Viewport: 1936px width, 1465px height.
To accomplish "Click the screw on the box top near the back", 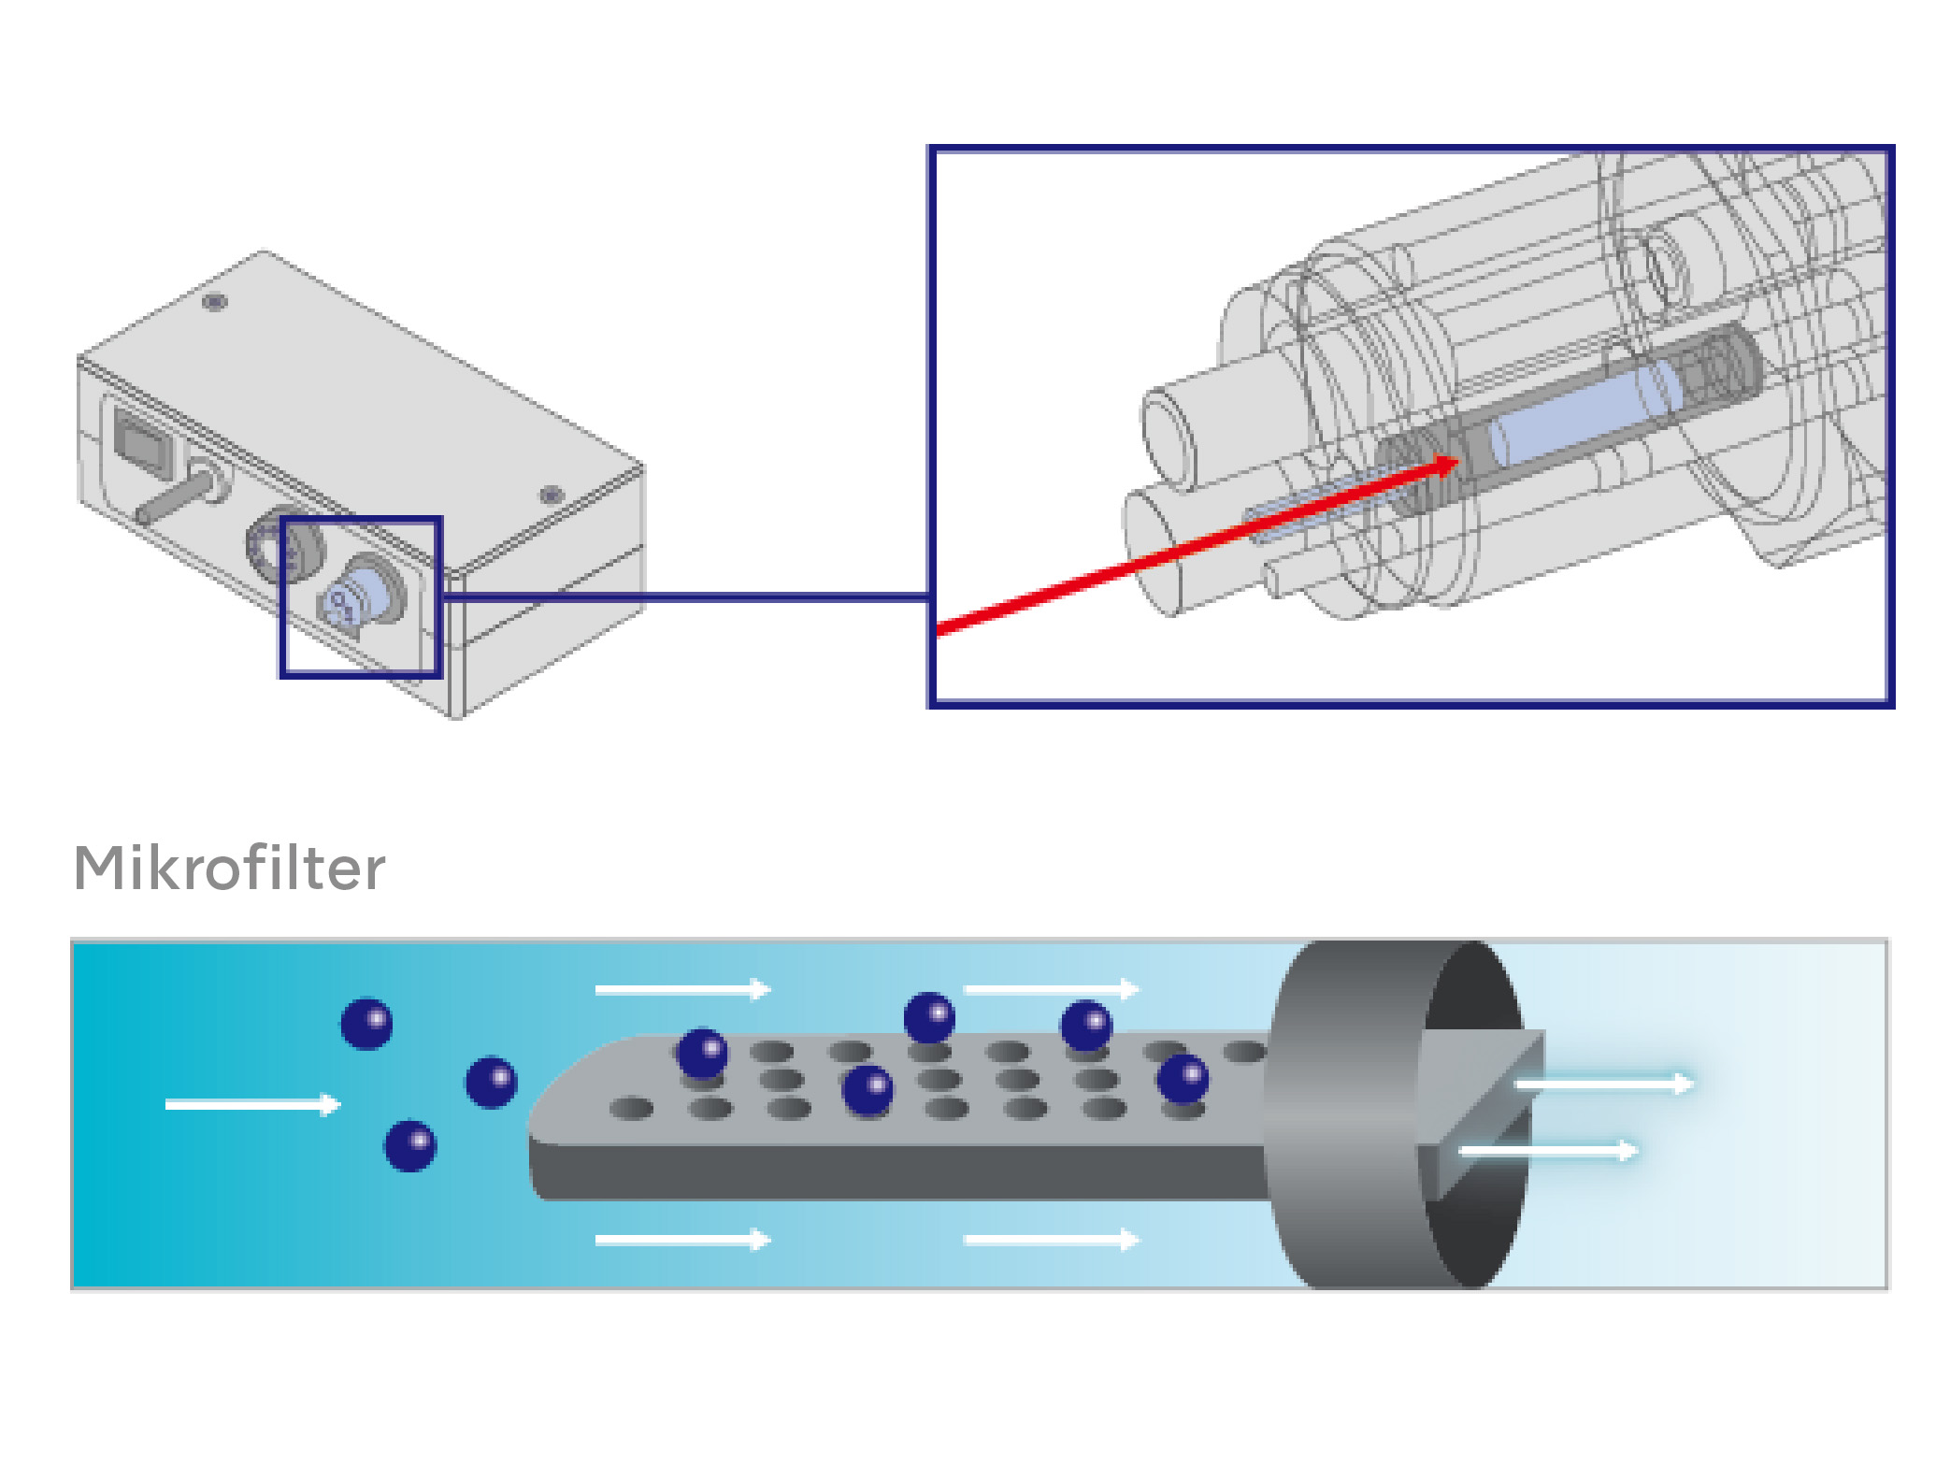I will click(215, 302).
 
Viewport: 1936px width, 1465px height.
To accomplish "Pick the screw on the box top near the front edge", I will click(552, 495).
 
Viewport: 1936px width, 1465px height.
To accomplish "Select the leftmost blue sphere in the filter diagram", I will click(366, 1023).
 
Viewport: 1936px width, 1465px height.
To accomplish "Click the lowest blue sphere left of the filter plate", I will click(409, 1145).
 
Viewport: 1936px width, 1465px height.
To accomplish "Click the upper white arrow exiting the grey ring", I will click(1603, 1084).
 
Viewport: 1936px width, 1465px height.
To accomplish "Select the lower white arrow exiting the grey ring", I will click(1547, 1150).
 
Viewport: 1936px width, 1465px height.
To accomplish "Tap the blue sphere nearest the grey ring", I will click(1183, 1079).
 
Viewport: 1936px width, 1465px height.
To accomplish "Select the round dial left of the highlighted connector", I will click(282, 545).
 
